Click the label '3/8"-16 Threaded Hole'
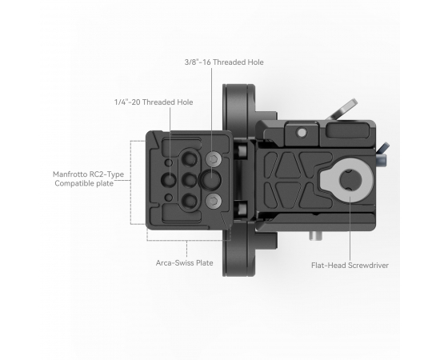224,62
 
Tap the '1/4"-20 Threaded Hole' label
154,102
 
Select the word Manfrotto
70,174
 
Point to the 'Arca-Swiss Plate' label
184,263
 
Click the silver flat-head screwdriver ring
347,180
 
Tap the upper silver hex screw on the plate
214,160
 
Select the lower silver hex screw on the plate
214,201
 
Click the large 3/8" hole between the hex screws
210,179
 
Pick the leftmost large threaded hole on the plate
168,179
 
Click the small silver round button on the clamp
302,133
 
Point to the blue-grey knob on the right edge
382,152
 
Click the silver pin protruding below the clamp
316,236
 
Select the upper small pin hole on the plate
169,162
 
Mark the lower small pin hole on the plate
168,198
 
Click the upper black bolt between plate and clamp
242,150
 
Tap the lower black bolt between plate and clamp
242,209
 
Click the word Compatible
73,183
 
